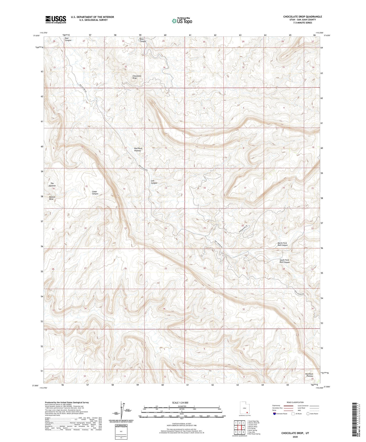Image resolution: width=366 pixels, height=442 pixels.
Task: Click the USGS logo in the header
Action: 55,19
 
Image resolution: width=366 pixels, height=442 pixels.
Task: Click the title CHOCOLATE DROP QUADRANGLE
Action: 302,17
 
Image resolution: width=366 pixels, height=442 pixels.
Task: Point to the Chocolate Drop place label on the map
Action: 137,77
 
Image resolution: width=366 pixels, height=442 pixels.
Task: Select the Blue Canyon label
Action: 143,40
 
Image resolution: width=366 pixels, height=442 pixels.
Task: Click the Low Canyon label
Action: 154,182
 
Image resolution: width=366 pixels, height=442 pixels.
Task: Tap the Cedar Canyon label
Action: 95,193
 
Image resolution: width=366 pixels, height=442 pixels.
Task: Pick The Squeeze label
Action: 52,185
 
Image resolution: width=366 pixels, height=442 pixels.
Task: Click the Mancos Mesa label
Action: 52,198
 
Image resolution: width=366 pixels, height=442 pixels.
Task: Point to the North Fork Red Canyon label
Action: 282,244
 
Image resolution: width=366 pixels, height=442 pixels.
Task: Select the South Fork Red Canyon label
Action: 284,261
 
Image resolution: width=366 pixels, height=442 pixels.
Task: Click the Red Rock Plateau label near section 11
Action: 138,149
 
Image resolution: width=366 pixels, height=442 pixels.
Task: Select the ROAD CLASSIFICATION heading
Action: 295,402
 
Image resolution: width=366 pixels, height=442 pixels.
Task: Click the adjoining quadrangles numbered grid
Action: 239,428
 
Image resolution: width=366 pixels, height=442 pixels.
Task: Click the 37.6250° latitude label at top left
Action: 36,36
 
